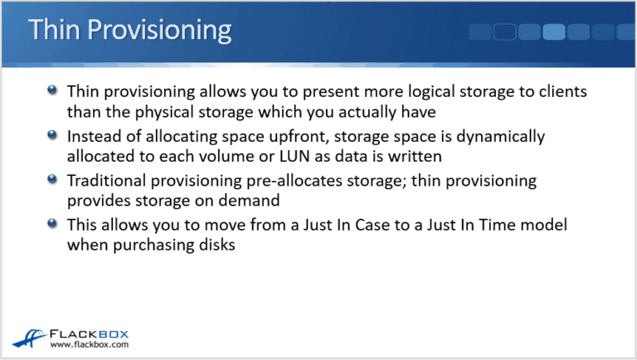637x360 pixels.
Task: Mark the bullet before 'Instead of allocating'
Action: tap(53, 134)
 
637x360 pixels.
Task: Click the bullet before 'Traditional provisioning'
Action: tap(53, 179)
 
